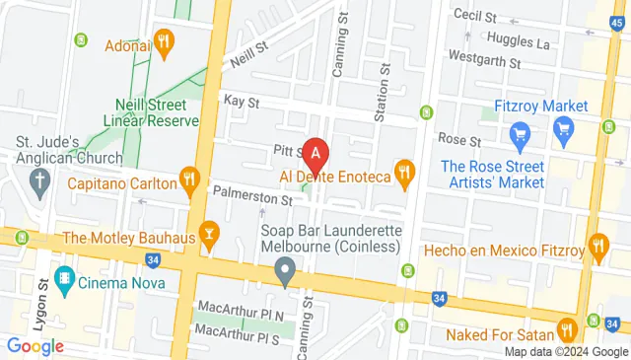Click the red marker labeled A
315,154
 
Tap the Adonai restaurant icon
164,41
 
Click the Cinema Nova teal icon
65,277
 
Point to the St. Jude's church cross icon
39,180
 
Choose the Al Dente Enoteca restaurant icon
403,175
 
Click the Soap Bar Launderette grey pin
286,268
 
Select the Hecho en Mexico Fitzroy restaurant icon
597,245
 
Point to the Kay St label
241,102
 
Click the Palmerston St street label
252,198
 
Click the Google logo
35,345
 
